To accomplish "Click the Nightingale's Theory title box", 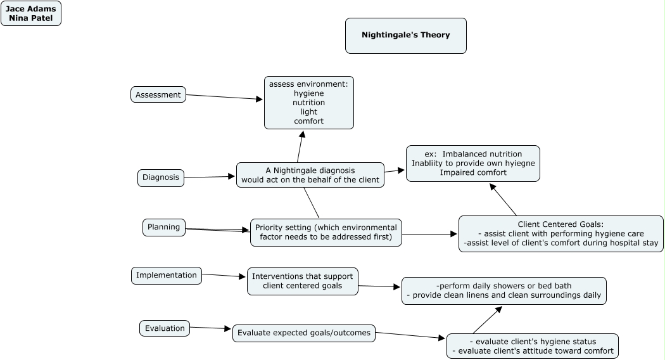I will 405,35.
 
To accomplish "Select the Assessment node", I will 158,94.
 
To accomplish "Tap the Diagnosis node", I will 161,177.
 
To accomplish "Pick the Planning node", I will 164,227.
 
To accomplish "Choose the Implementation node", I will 167,275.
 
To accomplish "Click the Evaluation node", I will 165,328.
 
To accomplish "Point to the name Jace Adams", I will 30,9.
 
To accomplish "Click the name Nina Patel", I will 30,18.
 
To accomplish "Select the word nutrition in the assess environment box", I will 308,103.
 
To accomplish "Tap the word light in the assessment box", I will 308,112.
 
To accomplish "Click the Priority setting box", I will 326,233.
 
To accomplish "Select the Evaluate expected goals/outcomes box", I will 303,333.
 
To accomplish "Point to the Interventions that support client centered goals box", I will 303,281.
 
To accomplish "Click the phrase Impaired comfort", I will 473,172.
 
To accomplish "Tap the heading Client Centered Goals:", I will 560,224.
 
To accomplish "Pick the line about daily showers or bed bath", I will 504,285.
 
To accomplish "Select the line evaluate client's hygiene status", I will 532,342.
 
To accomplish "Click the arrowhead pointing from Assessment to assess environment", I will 259,99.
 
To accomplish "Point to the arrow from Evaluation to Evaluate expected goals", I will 211,328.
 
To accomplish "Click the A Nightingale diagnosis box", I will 310,175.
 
